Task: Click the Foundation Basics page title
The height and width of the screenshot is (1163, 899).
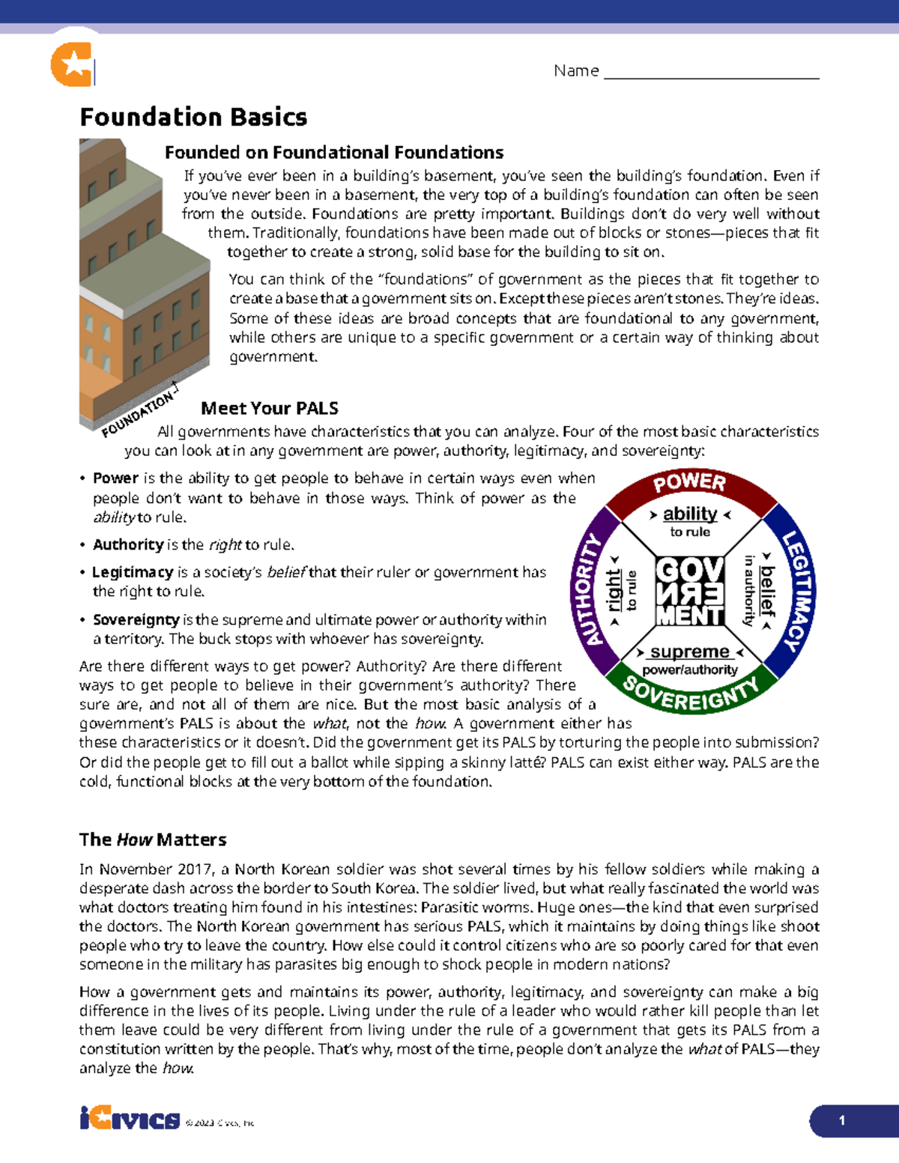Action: click(193, 118)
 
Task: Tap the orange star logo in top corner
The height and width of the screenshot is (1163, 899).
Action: click(73, 64)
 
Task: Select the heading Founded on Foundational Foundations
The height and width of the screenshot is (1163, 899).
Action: click(333, 153)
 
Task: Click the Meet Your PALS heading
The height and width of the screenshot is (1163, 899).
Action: click(270, 408)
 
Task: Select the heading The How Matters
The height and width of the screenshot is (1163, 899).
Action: click(153, 839)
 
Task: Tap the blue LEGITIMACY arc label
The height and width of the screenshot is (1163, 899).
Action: click(797, 592)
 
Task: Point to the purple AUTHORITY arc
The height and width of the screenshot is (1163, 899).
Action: click(587, 592)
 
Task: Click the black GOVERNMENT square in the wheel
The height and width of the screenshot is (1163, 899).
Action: click(690, 592)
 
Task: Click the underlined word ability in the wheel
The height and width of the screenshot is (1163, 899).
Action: click(690, 514)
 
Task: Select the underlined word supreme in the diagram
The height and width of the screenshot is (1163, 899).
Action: click(689, 652)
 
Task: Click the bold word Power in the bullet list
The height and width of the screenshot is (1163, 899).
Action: click(115, 479)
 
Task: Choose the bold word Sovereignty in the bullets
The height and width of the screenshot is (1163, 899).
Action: click(136, 620)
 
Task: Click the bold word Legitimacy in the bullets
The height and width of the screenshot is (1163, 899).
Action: click(133, 572)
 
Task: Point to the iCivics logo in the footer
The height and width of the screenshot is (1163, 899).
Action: click(130, 1120)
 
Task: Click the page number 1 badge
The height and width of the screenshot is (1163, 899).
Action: click(842, 1121)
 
